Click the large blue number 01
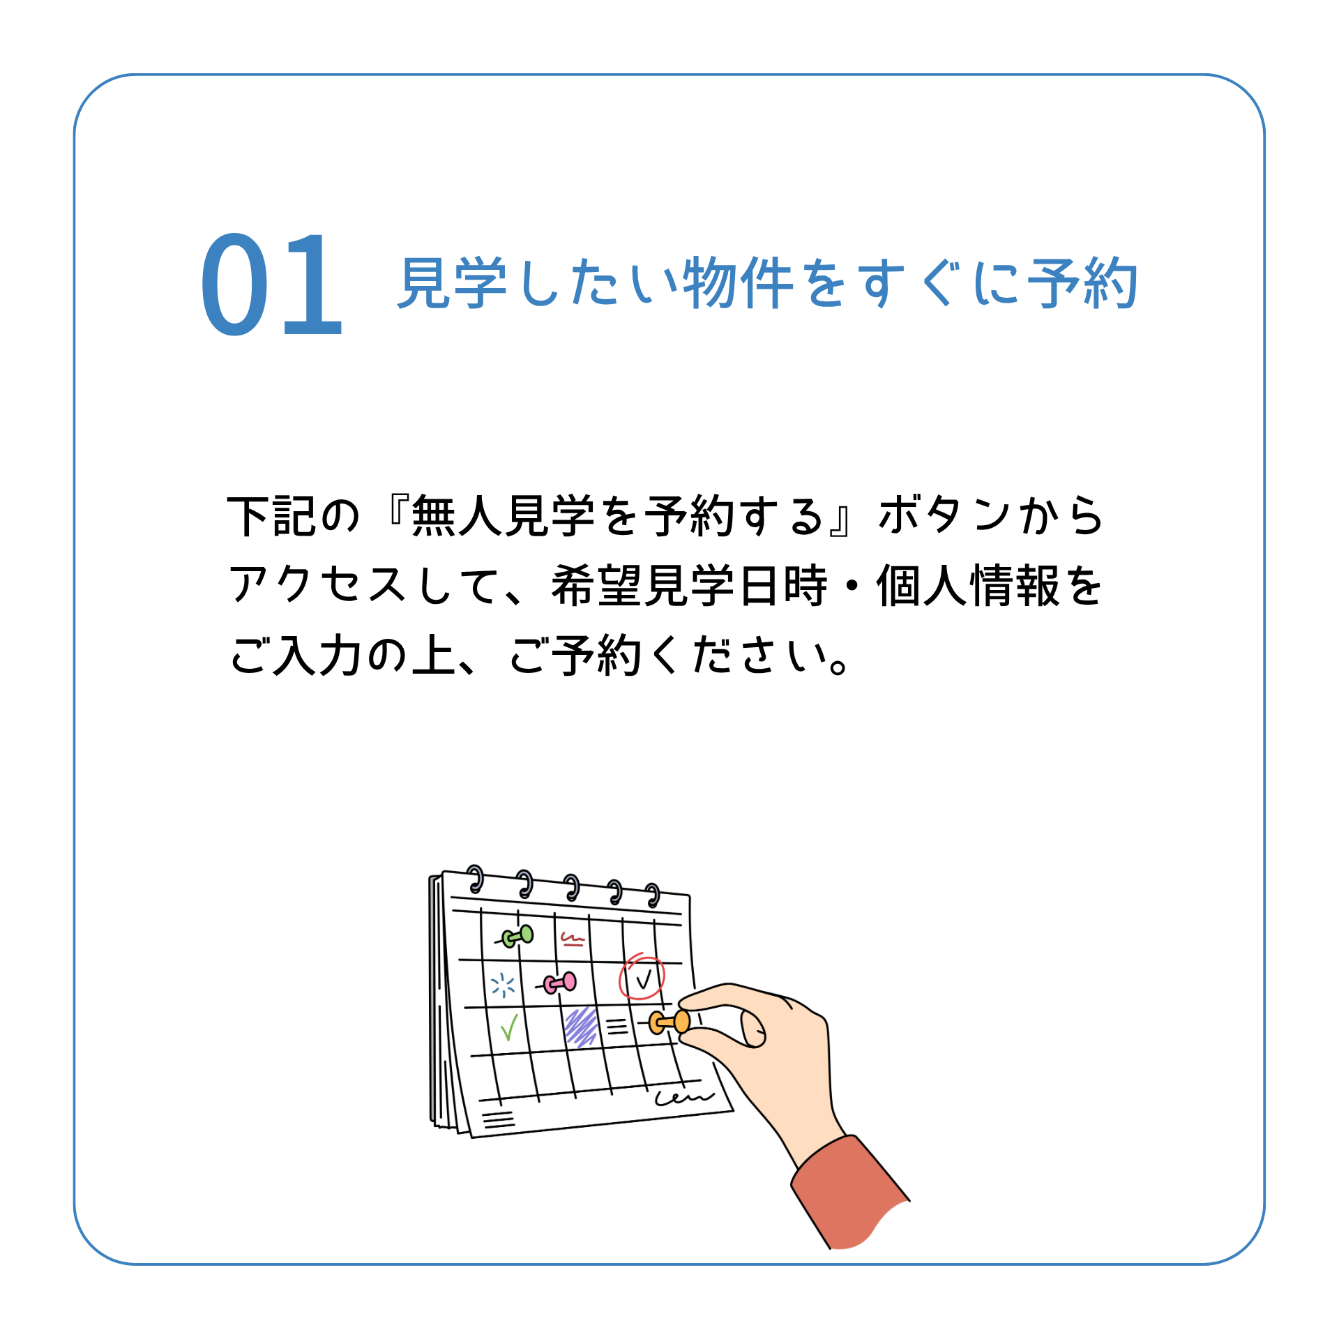[271, 284]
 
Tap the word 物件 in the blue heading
[737, 282]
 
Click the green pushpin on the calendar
[517, 937]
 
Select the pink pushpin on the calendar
[560, 983]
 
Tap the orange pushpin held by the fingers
[669, 1022]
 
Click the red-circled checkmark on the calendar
[642, 977]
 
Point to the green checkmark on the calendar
[509, 1027]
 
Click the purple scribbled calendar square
[581, 1027]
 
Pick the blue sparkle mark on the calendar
[503, 985]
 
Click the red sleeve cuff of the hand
[849, 1193]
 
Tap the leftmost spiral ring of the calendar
[476, 879]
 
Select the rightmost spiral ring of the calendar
[653, 895]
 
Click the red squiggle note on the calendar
[573, 939]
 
